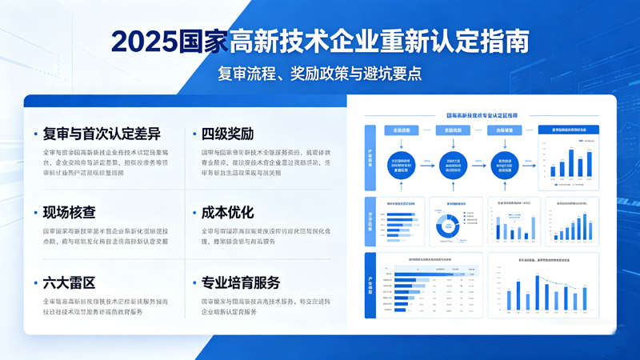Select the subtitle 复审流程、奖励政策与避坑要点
(319, 74)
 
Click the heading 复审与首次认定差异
(102, 134)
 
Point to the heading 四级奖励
(227, 134)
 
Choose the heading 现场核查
(70, 213)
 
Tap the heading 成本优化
(227, 213)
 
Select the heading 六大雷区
(70, 283)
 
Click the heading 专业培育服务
(241, 283)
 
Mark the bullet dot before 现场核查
(35, 214)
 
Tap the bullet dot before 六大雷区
(35, 284)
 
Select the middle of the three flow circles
(453, 165)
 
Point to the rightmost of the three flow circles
(505, 165)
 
